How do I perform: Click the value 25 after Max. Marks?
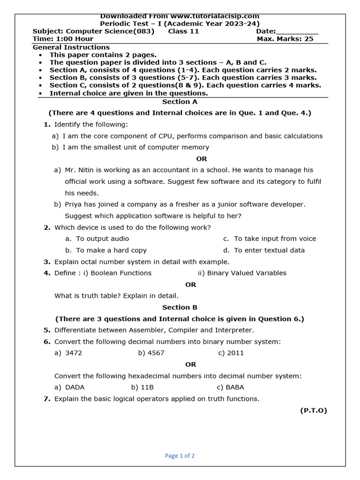(308, 39)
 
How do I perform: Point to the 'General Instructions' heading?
(71, 47)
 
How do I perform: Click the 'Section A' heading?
(180, 102)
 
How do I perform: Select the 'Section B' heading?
(180, 307)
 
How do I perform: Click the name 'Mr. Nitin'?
(78, 170)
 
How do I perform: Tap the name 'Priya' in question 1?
(73, 204)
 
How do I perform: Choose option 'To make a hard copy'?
(111, 250)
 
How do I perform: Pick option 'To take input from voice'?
(275, 239)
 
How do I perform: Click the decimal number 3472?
(74, 353)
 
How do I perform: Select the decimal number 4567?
(156, 353)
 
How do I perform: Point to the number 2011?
(235, 353)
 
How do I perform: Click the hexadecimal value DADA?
(75, 387)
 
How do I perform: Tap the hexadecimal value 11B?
(147, 387)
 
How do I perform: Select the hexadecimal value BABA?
(235, 387)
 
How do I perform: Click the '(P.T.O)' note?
(313, 411)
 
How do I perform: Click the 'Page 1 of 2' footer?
(180, 456)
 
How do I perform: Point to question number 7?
(47, 399)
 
